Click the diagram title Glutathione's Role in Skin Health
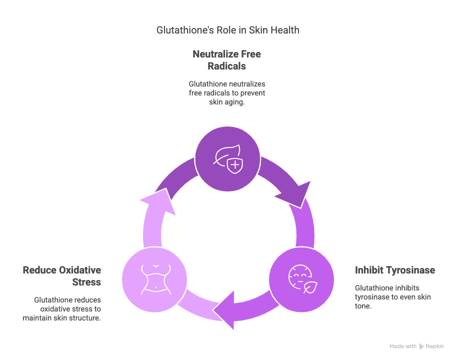(x=228, y=30)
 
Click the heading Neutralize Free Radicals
(x=227, y=59)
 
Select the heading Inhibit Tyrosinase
(x=394, y=270)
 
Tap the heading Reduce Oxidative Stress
(x=62, y=276)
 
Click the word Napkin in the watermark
(x=434, y=346)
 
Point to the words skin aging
(x=226, y=101)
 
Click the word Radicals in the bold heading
(x=227, y=66)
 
